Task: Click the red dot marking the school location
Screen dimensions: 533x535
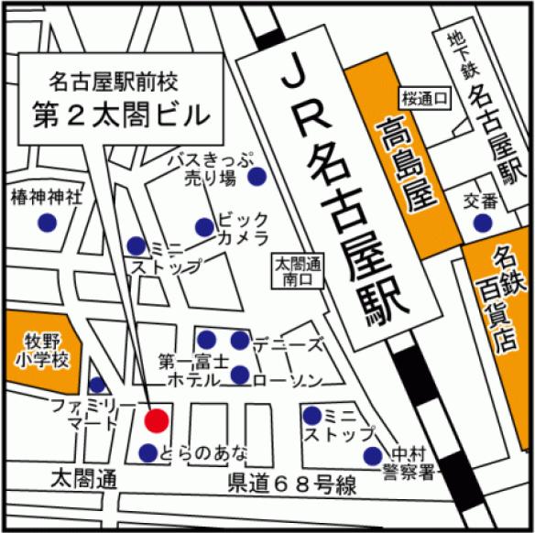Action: [x=157, y=420]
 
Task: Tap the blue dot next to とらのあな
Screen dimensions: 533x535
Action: [x=147, y=452]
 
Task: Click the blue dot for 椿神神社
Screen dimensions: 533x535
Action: [x=45, y=222]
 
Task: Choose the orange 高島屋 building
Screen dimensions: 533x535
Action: [x=404, y=165]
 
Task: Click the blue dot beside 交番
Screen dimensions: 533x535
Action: [x=481, y=223]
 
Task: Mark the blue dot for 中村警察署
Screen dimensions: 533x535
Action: [x=372, y=456]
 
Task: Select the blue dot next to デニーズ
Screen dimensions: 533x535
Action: [x=239, y=341]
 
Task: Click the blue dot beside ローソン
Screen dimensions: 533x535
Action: [x=239, y=375]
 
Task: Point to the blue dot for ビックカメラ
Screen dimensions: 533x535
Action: [x=204, y=226]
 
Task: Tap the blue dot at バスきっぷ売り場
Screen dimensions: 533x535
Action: [x=259, y=176]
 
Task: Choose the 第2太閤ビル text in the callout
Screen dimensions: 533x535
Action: [x=121, y=114]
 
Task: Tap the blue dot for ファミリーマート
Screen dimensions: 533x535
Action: [x=97, y=386]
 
